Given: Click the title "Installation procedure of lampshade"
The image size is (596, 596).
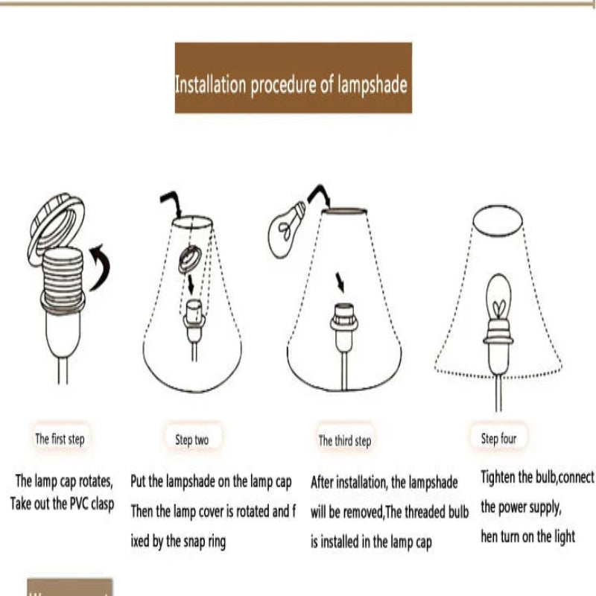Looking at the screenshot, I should [291, 84].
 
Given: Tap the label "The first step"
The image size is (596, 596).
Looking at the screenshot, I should [60, 439].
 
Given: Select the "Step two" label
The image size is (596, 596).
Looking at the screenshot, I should [191, 440].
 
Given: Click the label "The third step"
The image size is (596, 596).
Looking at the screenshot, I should [344, 441].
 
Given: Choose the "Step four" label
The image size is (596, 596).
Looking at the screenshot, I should [498, 439].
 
